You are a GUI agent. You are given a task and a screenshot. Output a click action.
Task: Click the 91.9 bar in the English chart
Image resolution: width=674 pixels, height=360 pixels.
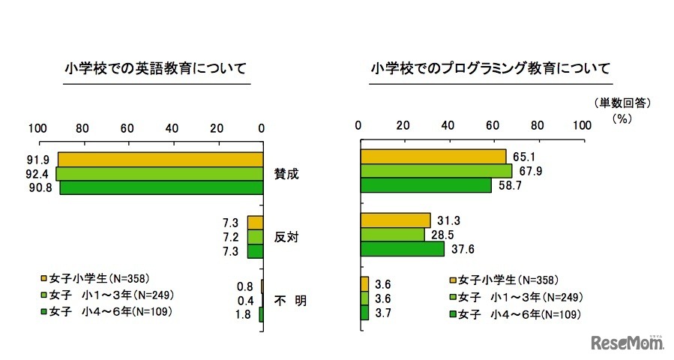click(x=160, y=159)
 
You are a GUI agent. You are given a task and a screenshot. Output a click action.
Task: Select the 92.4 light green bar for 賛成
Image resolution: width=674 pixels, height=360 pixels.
click(x=159, y=173)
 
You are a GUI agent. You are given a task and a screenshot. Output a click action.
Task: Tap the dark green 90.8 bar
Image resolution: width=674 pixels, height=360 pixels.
click(x=160, y=187)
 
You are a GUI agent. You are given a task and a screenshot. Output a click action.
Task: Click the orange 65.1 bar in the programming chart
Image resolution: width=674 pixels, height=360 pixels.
click(x=433, y=156)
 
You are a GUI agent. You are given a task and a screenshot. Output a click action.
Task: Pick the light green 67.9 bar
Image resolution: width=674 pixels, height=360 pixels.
click(x=436, y=170)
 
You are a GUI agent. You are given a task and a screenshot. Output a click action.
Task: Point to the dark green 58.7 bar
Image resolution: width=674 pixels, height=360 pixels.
click(x=426, y=184)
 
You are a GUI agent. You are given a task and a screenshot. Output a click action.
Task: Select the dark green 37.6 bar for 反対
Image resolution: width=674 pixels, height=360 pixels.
click(x=402, y=248)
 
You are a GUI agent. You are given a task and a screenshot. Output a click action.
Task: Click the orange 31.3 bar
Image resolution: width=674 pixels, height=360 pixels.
click(x=395, y=220)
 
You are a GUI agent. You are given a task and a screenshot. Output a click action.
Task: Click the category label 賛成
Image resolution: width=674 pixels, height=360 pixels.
click(x=286, y=173)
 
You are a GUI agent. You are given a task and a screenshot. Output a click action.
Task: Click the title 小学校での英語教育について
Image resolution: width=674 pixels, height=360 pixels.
click(x=156, y=69)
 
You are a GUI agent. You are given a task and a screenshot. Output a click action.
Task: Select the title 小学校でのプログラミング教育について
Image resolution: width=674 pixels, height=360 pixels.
click(x=490, y=69)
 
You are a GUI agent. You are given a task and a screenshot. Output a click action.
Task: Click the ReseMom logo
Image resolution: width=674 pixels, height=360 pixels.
click(x=628, y=342)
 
